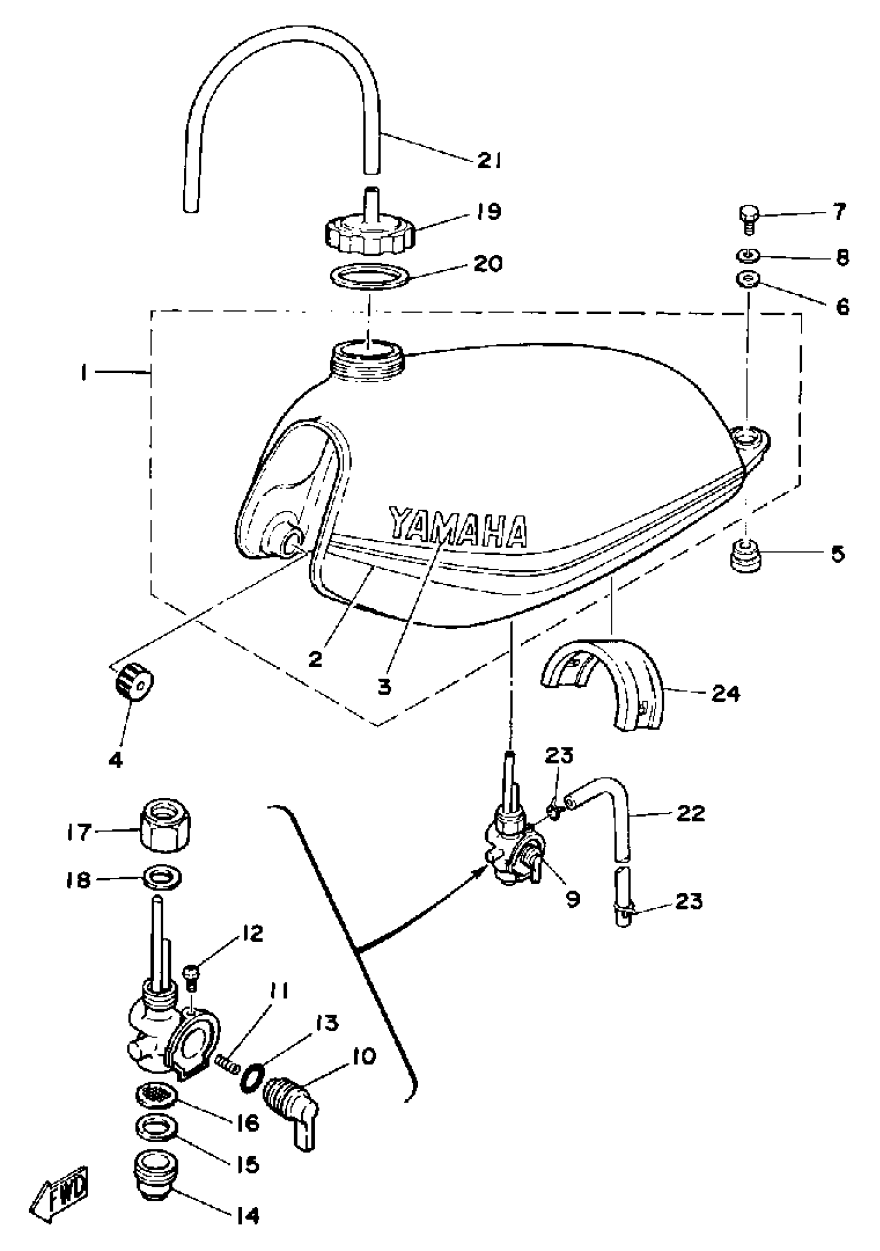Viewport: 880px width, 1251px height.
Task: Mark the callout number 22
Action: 691,814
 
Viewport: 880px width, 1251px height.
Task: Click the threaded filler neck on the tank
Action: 368,358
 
